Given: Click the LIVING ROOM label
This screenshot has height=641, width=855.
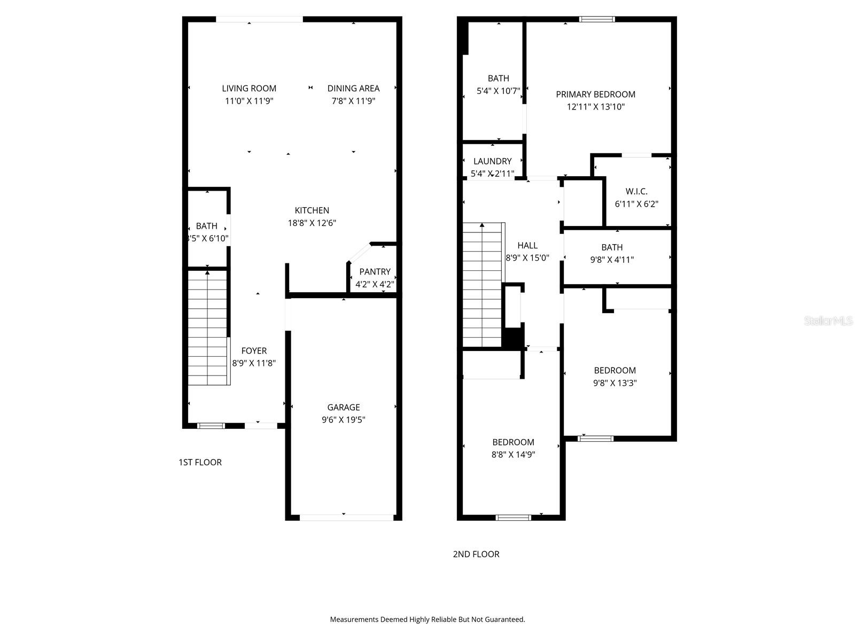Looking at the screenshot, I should tap(249, 88).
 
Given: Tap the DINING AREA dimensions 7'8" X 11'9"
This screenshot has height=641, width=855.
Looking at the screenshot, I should tap(353, 101).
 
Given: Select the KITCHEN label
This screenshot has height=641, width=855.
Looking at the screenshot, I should tap(312, 210).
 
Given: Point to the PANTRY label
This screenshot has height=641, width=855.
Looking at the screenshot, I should tap(375, 271).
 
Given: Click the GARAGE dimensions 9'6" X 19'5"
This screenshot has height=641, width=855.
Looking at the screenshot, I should tap(344, 420).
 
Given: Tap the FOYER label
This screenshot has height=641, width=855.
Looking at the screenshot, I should tap(254, 351).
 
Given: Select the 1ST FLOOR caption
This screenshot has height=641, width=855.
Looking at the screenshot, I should tap(200, 462).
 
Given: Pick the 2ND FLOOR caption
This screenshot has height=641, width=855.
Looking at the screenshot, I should tap(476, 554).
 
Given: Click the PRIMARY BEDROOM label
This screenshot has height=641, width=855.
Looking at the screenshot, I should tap(596, 95).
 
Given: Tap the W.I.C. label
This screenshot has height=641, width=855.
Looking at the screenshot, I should tap(636, 191).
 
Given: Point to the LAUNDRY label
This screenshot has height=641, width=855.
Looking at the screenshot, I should tap(492, 161).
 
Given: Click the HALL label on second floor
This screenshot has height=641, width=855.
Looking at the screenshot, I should tap(527, 245).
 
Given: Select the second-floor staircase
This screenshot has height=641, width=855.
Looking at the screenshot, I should tap(483, 286).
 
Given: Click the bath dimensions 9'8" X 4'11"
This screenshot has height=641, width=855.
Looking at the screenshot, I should tap(612, 260).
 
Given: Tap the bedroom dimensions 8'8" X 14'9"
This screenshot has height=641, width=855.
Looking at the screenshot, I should tap(514, 455).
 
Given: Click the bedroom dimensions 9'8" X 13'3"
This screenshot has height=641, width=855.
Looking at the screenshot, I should tap(615, 383).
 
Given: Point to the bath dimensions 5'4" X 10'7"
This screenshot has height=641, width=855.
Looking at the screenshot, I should tap(498, 91).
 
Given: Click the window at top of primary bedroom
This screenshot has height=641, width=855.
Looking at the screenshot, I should tap(597, 19).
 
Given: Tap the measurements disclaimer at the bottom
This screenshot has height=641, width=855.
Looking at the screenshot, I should tap(428, 620).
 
